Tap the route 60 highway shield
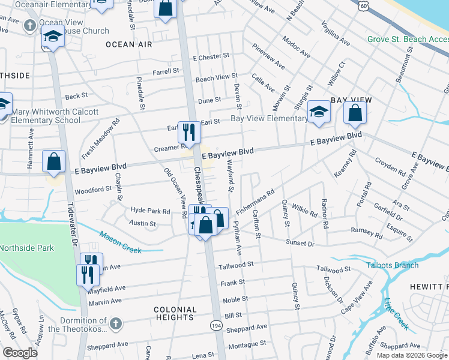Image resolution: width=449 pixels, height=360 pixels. click(x=363, y=5)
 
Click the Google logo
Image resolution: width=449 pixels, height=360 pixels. click(x=20, y=353)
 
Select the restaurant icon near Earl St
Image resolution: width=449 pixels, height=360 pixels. click(x=190, y=133)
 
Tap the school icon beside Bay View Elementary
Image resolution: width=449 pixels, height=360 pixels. click(x=318, y=111)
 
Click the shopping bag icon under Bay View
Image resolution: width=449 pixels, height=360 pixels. click(x=355, y=112)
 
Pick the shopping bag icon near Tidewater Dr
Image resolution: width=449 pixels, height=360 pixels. click(x=54, y=161)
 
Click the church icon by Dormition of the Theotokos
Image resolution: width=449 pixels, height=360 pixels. click(x=116, y=324)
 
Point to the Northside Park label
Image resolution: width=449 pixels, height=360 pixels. click(x=26, y=248)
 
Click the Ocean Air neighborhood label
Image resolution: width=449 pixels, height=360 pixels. click(x=128, y=44)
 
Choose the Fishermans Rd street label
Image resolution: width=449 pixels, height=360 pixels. click(x=256, y=202)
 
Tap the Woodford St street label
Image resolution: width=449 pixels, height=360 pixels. click(x=92, y=189)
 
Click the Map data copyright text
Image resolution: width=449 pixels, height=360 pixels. click(x=412, y=355)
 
